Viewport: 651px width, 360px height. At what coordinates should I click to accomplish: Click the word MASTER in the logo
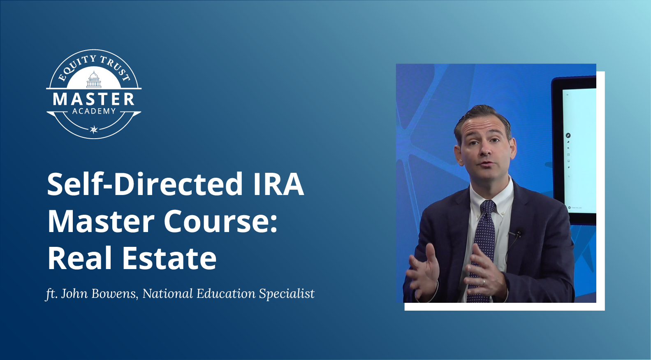[94, 99]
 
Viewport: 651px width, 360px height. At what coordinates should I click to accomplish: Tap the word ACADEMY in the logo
[94, 111]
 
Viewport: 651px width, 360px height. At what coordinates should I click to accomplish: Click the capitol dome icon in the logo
[94, 80]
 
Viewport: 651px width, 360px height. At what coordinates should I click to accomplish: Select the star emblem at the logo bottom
[94, 130]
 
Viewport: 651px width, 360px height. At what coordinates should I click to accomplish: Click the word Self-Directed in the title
[145, 184]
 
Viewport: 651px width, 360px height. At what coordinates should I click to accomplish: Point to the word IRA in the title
[278, 184]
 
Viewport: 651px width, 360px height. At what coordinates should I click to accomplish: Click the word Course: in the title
[221, 221]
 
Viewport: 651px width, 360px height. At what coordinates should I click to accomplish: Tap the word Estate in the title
[169, 258]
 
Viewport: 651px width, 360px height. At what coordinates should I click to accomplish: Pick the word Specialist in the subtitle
[287, 294]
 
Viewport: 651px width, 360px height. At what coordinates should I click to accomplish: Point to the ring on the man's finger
[484, 282]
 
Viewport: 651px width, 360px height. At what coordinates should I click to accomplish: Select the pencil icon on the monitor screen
[568, 135]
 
